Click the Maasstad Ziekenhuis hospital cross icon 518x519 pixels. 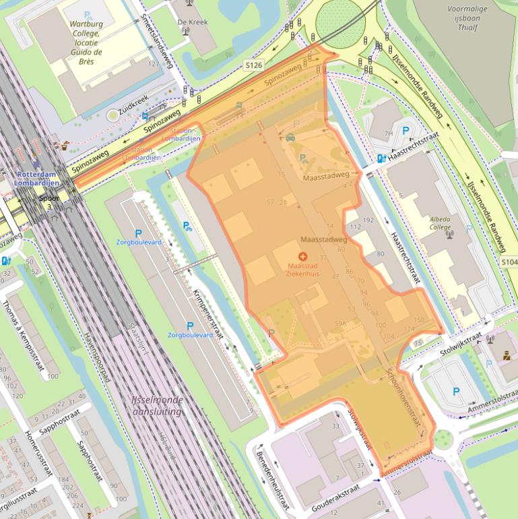(x=302, y=257)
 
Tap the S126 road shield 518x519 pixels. (x=253, y=65)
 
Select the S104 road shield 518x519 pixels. (x=509, y=262)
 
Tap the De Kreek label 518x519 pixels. (x=192, y=22)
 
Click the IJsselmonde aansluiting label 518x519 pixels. (x=157, y=405)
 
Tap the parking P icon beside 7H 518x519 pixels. (x=405, y=131)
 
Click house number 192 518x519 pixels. (x=368, y=220)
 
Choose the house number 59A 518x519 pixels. (x=340, y=324)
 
